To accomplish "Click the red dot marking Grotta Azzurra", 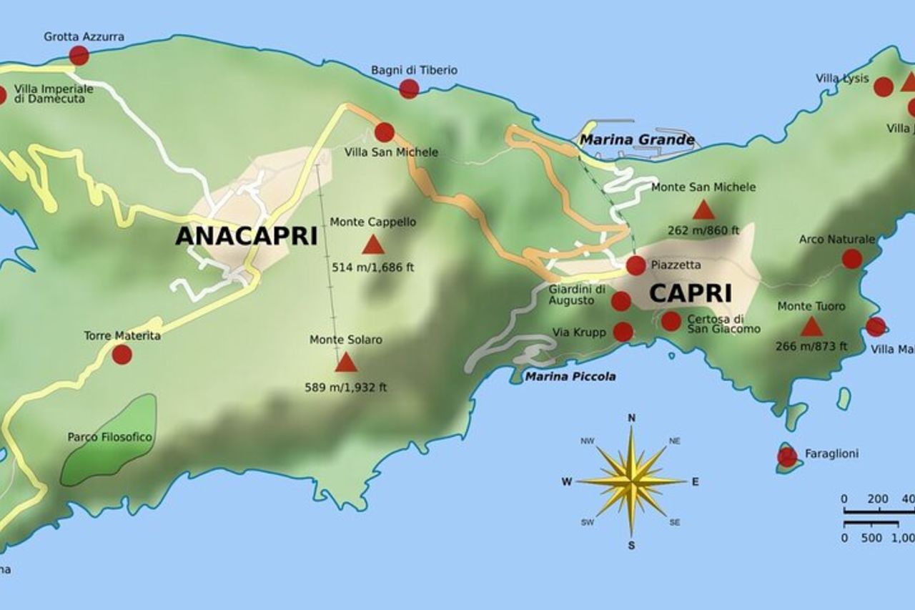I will [79, 55].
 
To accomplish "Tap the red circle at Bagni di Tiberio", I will [409, 89].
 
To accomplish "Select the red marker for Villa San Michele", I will [385, 132].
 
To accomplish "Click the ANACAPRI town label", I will [246, 236].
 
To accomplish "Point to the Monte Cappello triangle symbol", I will [373, 246].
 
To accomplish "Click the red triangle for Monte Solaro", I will [346, 363].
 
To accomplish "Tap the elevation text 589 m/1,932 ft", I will [346, 388].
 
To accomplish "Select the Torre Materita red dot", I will [122, 355].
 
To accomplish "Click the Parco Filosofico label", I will [110, 436].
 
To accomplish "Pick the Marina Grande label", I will [636, 139].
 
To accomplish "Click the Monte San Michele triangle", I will [703, 210].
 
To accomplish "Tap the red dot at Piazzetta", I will [635, 265].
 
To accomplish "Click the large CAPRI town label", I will [690, 293].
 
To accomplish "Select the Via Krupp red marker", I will [623, 332].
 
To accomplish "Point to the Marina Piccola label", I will [570, 376].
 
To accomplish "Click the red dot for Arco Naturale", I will [851, 259].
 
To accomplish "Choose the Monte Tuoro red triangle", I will [811, 328].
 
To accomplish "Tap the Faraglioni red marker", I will [787, 457].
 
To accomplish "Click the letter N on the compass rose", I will [631, 418].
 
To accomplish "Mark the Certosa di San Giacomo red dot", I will [671, 321].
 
